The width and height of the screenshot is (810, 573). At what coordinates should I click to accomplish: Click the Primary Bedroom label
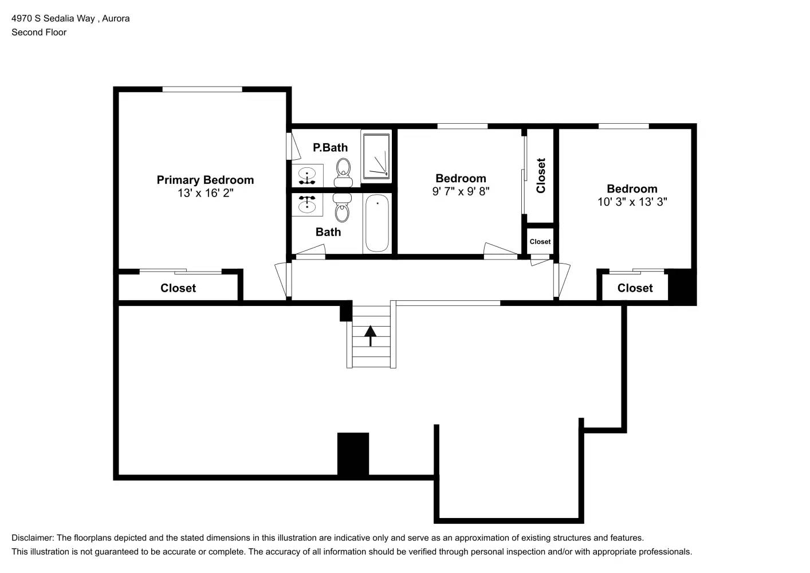(205, 180)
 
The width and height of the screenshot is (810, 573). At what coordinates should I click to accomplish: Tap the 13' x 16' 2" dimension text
(205, 193)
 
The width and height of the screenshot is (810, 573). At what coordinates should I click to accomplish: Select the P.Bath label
(330, 148)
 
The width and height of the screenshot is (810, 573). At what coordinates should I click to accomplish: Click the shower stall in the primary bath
(376, 155)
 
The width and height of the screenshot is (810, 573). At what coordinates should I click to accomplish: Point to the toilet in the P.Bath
(343, 171)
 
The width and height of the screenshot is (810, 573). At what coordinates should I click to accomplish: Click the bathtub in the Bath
(377, 223)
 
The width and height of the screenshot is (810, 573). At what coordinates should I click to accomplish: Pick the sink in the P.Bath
(308, 175)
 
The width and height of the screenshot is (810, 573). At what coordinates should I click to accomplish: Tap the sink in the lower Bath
(308, 204)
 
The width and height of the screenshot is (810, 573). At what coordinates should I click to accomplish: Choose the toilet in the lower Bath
(342, 207)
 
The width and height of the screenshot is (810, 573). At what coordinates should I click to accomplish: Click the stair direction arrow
(370, 335)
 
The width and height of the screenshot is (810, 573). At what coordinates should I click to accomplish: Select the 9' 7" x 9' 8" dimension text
(461, 191)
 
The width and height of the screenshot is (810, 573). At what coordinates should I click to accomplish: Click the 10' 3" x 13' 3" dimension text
(632, 202)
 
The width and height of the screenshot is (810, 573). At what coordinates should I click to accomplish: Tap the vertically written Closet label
(541, 175)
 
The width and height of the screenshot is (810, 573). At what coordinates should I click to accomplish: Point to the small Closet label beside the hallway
(540, 242)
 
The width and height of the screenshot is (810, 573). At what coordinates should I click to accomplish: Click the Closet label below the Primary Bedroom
(178, 288)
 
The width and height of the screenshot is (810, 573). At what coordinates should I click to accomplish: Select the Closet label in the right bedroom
(635, 288)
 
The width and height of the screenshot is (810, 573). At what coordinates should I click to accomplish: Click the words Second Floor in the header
(39, 32)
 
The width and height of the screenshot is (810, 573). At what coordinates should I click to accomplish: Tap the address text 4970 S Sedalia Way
(53, 18)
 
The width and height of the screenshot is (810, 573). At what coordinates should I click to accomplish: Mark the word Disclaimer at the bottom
(32, 538)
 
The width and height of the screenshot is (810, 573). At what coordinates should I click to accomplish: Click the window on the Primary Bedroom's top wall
(202, 89)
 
